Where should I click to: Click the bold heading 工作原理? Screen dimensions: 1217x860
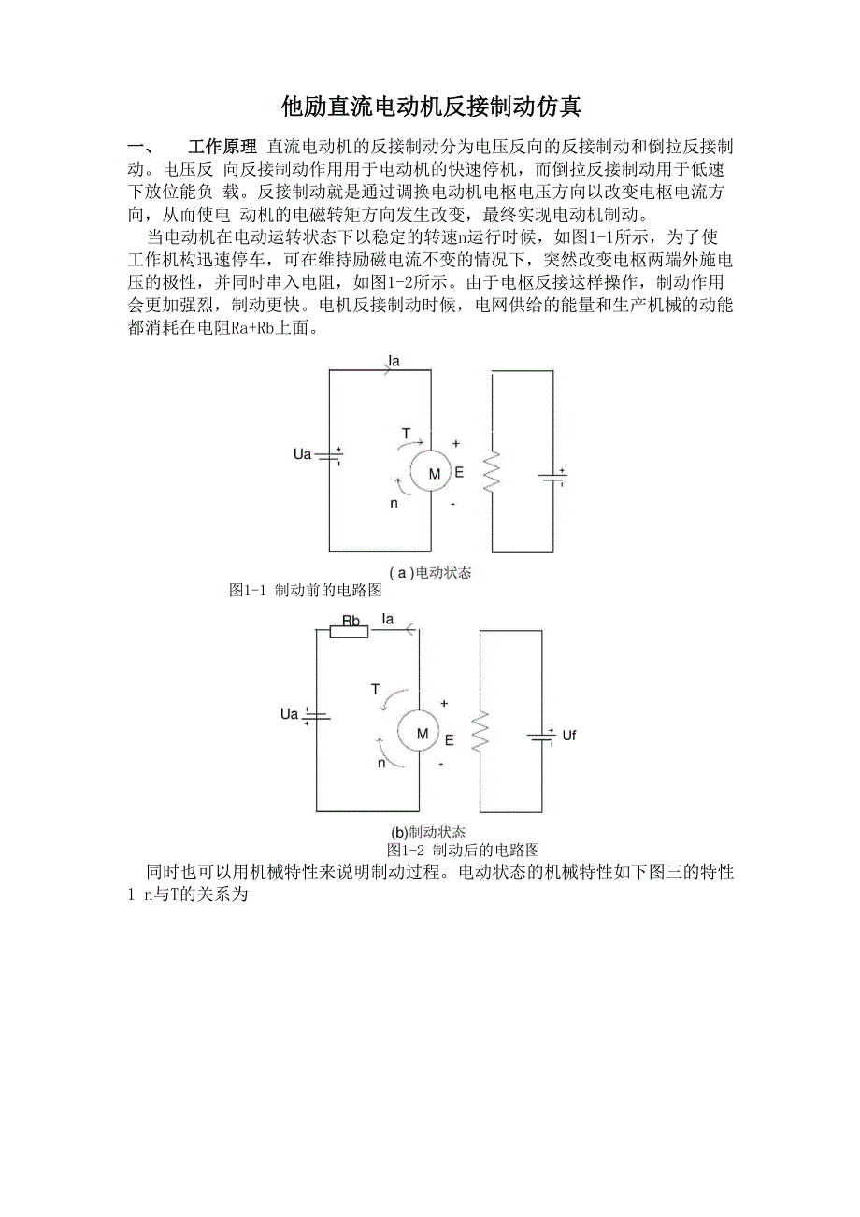tap(222, 148)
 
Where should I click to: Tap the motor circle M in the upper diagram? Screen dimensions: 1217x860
tap(434, 474)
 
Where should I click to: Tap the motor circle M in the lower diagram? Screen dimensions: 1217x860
tap(422, 734)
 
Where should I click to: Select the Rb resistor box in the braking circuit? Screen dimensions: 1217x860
tap(350, 632)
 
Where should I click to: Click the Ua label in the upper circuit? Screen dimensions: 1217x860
tap(302, 455)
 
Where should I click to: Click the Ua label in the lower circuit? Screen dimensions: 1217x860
tap(289, 715)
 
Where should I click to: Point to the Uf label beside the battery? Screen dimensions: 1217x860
tap(569, 736)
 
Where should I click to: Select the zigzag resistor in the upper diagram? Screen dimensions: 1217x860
tap(492, 472)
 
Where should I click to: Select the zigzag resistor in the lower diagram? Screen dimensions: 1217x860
tap(480, 733)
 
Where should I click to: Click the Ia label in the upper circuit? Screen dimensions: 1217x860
tap(394, 360)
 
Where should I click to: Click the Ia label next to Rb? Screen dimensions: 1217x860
tap(388, 619)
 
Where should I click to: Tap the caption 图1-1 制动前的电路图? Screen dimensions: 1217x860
tap(306, 591)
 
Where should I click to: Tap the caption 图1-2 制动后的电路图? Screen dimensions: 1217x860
tap(464, 851)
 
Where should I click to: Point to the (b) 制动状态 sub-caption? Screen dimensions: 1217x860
tap(428, 832)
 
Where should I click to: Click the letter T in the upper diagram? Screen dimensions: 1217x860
tap(406, 433)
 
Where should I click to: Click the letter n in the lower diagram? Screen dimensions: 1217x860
tap(381, 763)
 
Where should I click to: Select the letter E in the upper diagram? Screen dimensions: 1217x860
tap(459, 473)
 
